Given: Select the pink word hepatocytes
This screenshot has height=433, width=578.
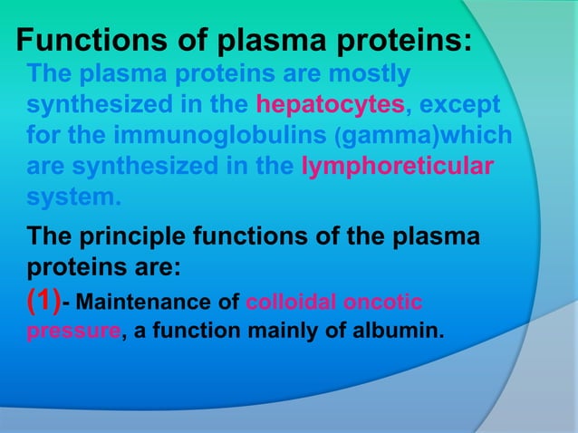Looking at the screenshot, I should point(331,104).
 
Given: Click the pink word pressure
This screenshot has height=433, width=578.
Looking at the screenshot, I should point(72,331).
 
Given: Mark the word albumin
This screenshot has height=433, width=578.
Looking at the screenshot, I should point(401,331).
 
